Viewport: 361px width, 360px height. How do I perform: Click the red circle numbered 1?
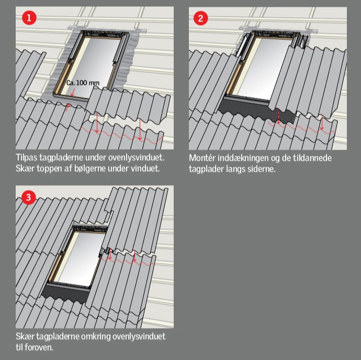[x=29, y=18]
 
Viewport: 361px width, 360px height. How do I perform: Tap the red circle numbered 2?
[x=201, y=18]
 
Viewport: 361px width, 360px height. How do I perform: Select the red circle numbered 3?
[x=29, y=197]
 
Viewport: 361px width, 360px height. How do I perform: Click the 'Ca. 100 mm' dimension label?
[x=83, y=83]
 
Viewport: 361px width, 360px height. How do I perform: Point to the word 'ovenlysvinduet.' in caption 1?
[x=137, y=157]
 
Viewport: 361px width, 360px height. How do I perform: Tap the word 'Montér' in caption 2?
[x=202, y=158]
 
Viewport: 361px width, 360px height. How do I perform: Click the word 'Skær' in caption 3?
[x=25, y=336]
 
